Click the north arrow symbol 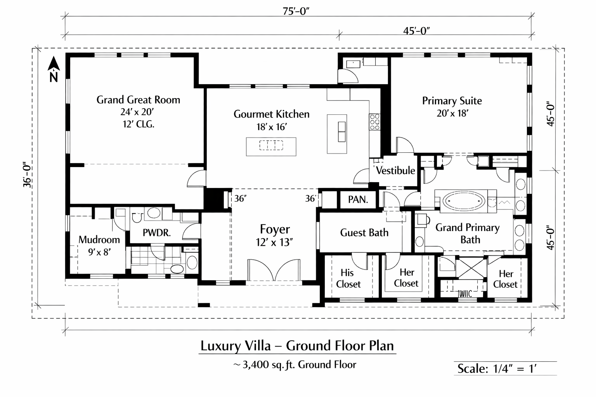click(54, 69)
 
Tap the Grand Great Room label click(138, 100)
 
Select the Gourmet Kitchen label click(271, 114)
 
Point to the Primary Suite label click(452, 101)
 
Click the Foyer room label click(275, 229)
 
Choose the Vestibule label click(395, 171)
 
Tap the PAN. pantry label click(358, 199)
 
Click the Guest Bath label click(364, 233)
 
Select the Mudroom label click(99, 240)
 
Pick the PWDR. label click(156, 233)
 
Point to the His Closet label click(348, 278)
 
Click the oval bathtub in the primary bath click(464, 201)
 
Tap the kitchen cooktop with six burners click(374, 122)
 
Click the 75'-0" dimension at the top click(296, 11)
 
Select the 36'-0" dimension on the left click(28, 174)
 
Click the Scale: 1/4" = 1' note click(497, 369)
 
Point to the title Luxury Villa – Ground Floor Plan click(297, 346)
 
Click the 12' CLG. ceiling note click(139, 124)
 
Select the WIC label click(465, 294)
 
